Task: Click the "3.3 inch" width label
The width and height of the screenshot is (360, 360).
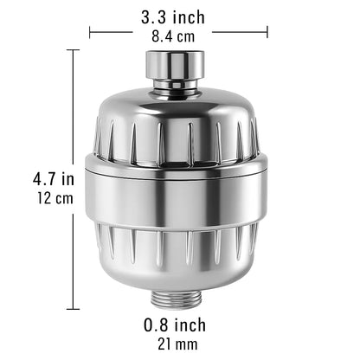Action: coord(178,15)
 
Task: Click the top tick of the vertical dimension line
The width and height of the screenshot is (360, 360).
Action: coord(73,50)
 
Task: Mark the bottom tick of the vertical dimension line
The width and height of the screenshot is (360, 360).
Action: coord(73,308)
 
